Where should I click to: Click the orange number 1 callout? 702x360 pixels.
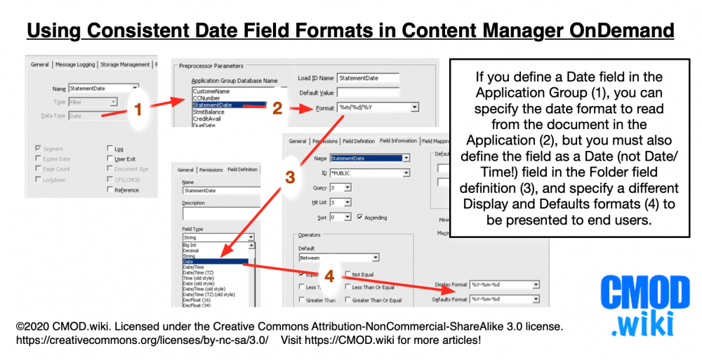(138, 109)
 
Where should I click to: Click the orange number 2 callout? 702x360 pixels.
(277, 107)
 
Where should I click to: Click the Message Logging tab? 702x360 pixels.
(74, 65)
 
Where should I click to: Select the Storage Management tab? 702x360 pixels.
(125, 65)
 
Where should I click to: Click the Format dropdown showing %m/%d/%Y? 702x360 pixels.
(378, 107)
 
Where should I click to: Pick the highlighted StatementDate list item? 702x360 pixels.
(229, 105)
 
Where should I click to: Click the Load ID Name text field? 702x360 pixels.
(368, 78)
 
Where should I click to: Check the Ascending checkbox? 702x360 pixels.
(359, 218)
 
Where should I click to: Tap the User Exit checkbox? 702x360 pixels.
(110, 159)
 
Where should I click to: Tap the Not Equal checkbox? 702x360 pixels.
(347, 274)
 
